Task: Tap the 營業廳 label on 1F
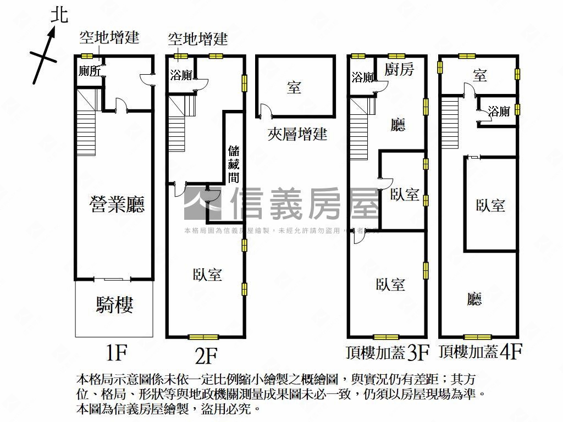(117, 205)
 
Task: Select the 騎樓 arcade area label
(115, 304)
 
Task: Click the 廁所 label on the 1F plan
(89, 71)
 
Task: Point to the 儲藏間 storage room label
(234, 164)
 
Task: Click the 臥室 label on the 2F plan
(207, 274)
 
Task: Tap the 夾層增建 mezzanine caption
(297, 134)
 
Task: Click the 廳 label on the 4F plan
(474, 299)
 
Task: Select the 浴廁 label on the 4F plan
(499, 112)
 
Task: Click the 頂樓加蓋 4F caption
(480, 352)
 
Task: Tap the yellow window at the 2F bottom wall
(203, 337)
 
